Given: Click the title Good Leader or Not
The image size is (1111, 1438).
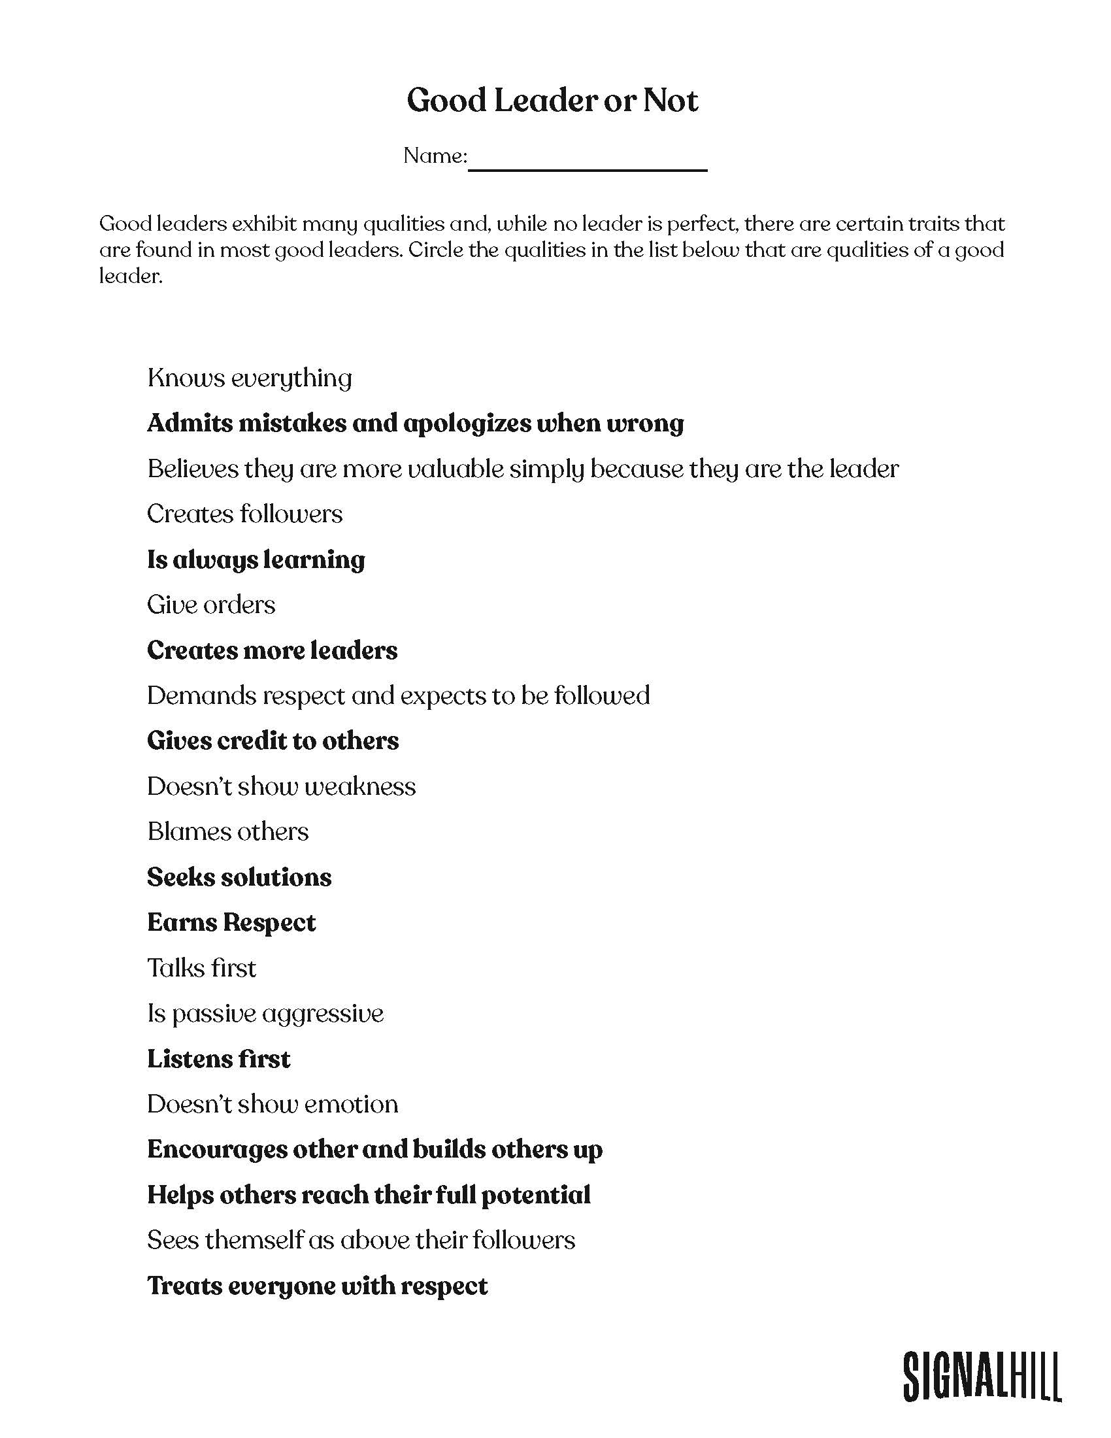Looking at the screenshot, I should click(552, 101).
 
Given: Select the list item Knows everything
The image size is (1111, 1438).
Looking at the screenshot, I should click(250, 378).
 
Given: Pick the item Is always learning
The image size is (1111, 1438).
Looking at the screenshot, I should click(256, 560).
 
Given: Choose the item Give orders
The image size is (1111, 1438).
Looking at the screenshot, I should click(210, 605).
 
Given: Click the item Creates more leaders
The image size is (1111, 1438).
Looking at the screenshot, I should click(272, 650).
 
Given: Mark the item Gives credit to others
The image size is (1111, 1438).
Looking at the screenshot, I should click(273, 741).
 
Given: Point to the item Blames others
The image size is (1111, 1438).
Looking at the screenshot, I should click(227, 831).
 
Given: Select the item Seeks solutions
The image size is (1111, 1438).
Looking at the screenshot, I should click(239, 877).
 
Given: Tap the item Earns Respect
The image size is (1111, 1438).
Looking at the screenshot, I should click(231, 922).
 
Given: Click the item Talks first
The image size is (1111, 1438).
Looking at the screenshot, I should click(201, 968).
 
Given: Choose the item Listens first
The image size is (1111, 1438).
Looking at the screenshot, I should click(218, 1059).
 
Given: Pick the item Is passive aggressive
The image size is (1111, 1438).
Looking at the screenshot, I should click(265, 1013).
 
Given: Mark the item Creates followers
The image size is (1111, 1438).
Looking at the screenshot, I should click(244, 514).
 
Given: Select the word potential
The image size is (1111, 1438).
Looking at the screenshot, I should click(536, 1195).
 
